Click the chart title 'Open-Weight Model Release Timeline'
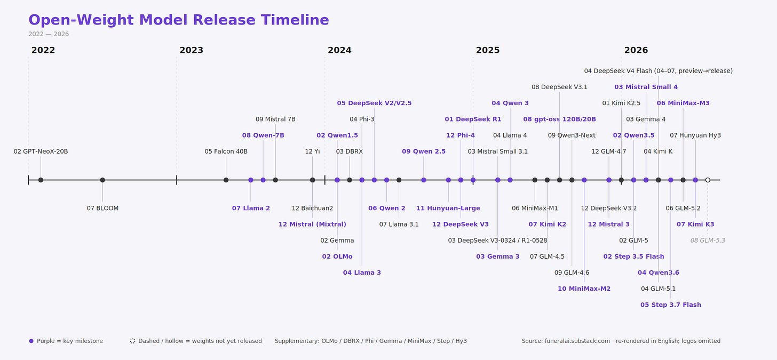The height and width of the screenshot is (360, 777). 179,20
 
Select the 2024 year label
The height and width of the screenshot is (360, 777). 339,50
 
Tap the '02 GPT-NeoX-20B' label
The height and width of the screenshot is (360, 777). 41,151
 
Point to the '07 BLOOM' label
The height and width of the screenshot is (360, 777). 102,208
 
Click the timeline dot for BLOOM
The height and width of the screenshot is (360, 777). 102,180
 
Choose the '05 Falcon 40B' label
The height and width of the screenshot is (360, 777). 226,151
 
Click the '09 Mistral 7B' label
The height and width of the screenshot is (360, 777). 275,119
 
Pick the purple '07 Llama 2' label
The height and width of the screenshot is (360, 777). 251,208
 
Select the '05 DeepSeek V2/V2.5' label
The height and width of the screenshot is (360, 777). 374,103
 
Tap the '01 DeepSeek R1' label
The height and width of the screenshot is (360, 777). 473,119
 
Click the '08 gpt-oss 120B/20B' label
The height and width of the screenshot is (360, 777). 559,119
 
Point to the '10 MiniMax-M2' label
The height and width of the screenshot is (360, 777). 584,289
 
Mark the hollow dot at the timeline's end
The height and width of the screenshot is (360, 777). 708,180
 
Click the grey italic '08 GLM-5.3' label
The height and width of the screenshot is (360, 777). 708,241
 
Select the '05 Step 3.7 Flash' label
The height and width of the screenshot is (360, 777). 670,305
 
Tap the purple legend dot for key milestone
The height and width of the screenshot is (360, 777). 31,341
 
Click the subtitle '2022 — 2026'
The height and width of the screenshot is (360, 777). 49,34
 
